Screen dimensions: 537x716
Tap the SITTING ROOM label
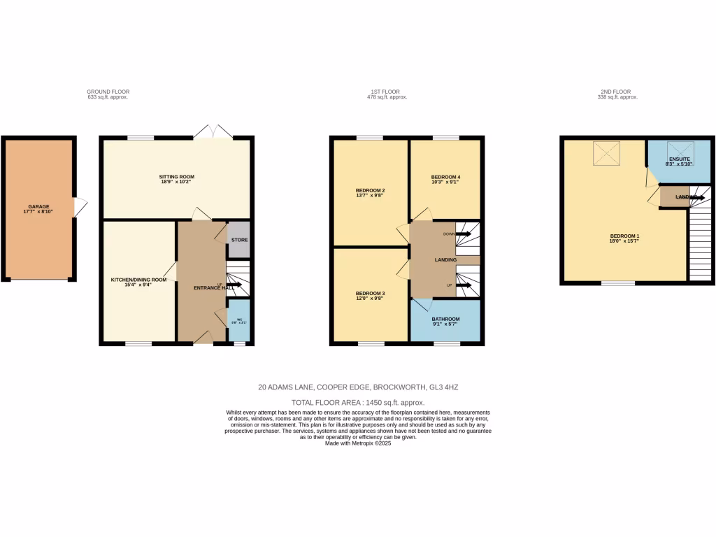coord(176,177)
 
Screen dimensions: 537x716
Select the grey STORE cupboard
coord(239,240)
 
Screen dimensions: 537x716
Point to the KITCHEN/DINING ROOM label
coord(139,280)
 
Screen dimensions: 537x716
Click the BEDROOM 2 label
coord(371,190)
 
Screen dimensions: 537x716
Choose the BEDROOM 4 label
coord(445,177)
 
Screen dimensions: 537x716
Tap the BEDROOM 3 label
coord(371,293)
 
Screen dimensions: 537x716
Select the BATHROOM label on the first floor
coord(445,320)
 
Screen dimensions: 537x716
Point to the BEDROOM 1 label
coord(625,236)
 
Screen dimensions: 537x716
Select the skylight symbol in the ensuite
coord(679,148)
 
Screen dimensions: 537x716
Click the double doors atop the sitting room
coord(213,132)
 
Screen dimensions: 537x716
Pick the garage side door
coord(80,206)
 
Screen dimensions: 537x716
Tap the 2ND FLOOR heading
coord(615,92)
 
